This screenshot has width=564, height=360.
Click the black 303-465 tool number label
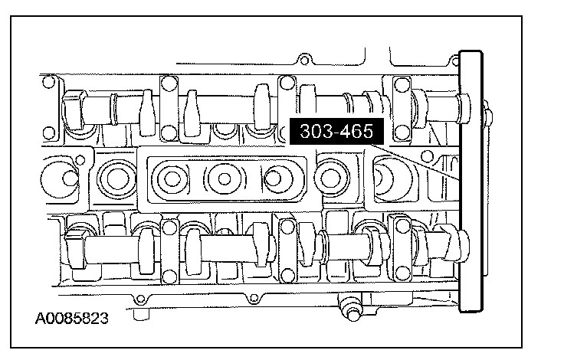[336, 131]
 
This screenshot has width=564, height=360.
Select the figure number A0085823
[71, 319]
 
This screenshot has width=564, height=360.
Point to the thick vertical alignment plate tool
[471, 182]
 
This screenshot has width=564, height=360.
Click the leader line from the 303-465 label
[415, 162]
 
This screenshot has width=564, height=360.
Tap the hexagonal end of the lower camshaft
[76, 250]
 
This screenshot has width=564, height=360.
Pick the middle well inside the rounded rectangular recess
[225, 178]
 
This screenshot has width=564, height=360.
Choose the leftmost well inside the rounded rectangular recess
[172, 178]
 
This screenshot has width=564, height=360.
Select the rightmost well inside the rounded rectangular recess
[274, 178]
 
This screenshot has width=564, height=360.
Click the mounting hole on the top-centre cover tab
[304, 60]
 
